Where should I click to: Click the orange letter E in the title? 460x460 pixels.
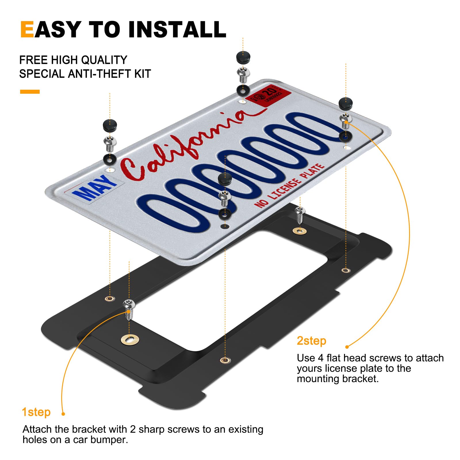click(x=27, y=30)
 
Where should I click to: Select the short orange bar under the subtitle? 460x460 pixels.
click(x=30, y=92)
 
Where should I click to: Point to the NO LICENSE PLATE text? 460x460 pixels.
click(x=289, y=185)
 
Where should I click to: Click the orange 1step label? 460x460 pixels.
click(x=36, y=412)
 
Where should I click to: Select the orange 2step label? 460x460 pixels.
click(x=311, y=341)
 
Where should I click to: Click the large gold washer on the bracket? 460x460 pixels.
click(x=130, y=340)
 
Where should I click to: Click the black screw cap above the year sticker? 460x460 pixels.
click(x=243, y=57)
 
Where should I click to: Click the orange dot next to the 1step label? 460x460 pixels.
click(x=63, y=414)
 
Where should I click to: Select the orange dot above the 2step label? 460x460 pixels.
click(x=347, y=347)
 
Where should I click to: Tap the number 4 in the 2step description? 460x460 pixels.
click(x=321, y=358)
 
